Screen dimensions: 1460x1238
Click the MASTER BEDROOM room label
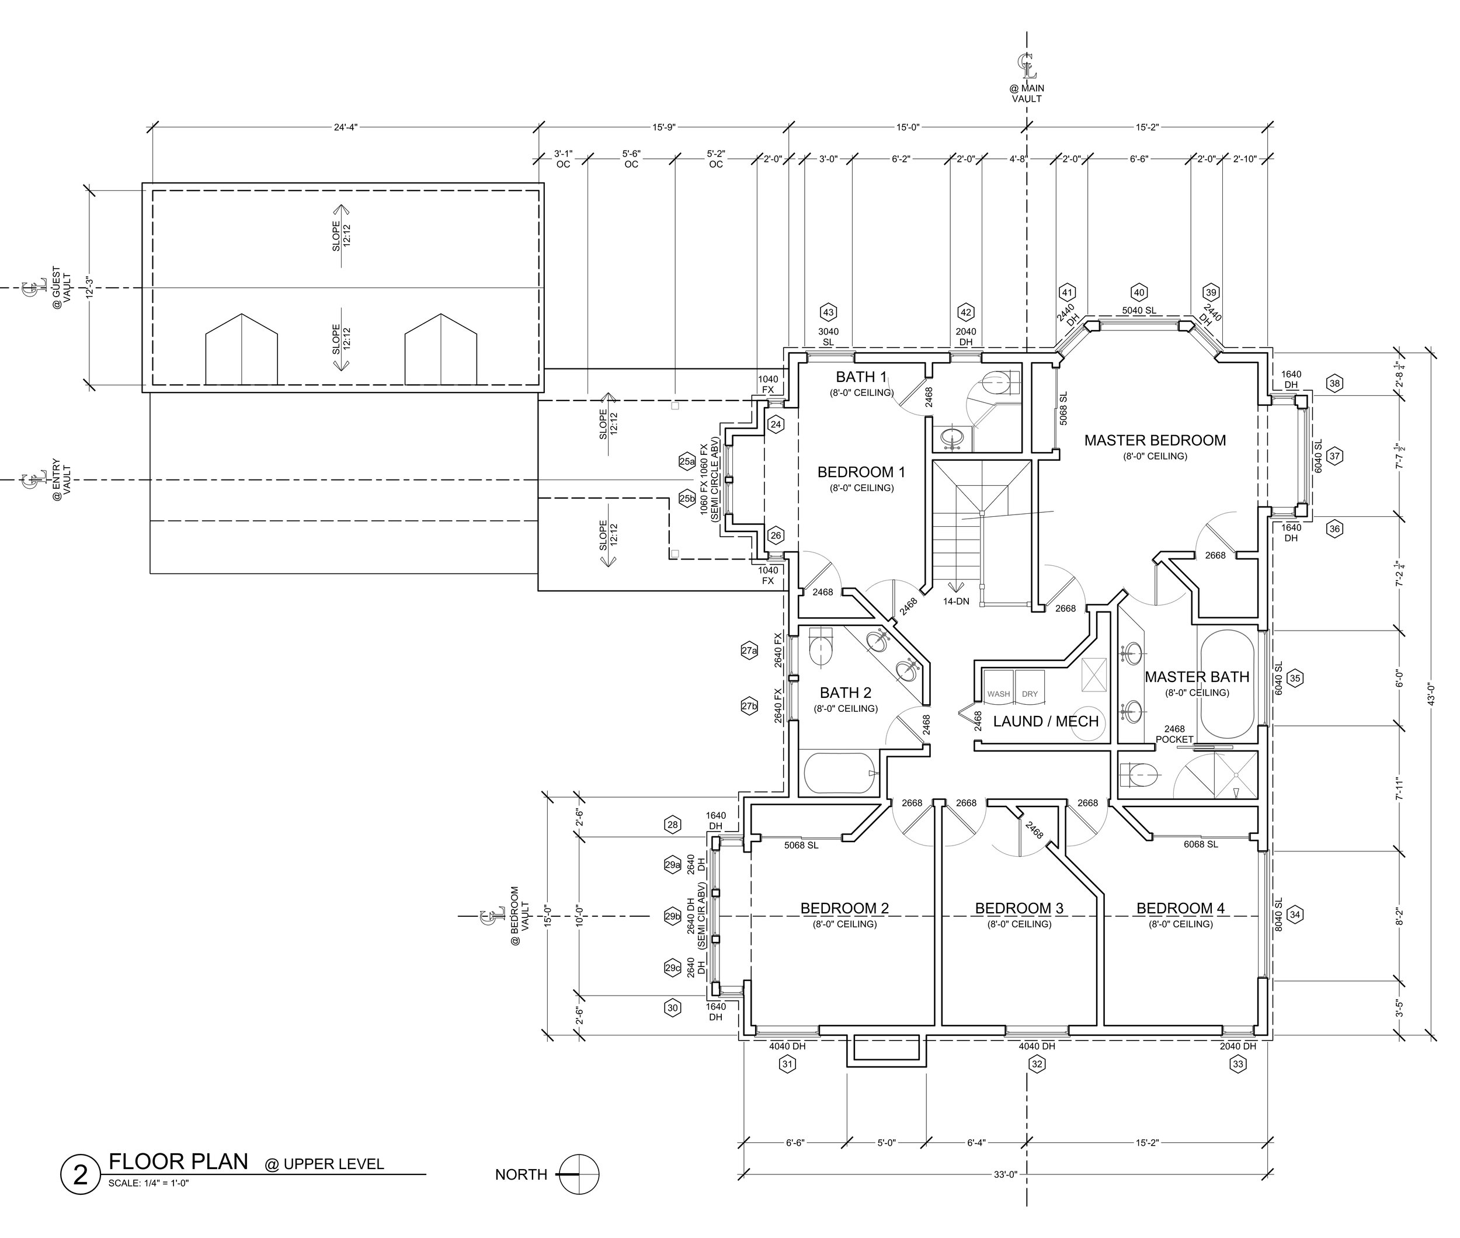point(1155,440)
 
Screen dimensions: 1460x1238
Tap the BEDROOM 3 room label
point(1018,908)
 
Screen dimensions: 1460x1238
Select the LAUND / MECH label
point(1046,721)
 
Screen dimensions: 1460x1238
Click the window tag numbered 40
point(1139,293)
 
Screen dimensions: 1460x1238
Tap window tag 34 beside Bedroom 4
point(1295,914)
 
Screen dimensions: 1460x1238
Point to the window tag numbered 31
point(788,1065)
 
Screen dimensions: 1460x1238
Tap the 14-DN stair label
point(956,601)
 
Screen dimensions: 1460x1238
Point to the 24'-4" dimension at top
point(345,127)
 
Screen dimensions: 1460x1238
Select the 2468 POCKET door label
point(1174,734)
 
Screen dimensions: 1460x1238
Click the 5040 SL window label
point(1139,311)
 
